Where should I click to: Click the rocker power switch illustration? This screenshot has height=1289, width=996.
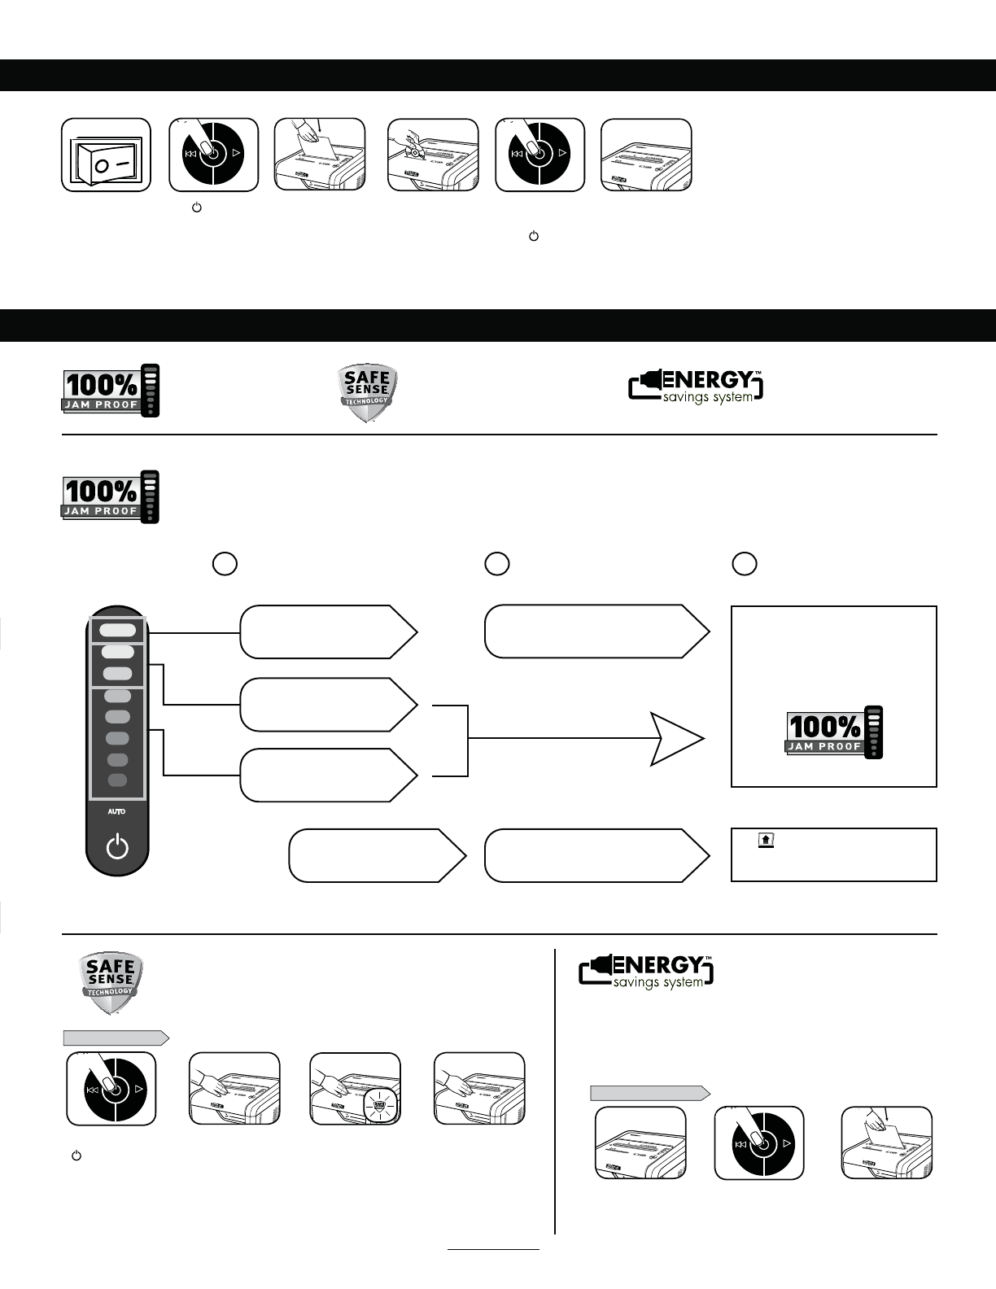tap(107, 155)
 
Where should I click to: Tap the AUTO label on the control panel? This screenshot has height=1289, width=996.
tap(117, 811)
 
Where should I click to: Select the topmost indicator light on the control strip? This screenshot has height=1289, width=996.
tap(118, 630)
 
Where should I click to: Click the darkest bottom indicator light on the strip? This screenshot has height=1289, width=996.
tap(118, 780)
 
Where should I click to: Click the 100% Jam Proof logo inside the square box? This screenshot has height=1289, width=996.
tap(834, 732)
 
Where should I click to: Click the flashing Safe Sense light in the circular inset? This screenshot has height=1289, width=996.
tap(378, 1107)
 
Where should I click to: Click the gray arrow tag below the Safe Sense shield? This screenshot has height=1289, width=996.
tap(116, 1038)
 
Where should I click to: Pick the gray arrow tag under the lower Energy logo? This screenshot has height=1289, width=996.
tap(649, 1093)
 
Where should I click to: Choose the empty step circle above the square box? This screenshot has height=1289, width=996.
tap(745, 564)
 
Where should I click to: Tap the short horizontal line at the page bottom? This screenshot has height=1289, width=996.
tap(493, 1248)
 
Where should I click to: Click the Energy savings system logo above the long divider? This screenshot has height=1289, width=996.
tap(697, 387)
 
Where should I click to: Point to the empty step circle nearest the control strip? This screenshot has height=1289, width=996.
tap(225, 564)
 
